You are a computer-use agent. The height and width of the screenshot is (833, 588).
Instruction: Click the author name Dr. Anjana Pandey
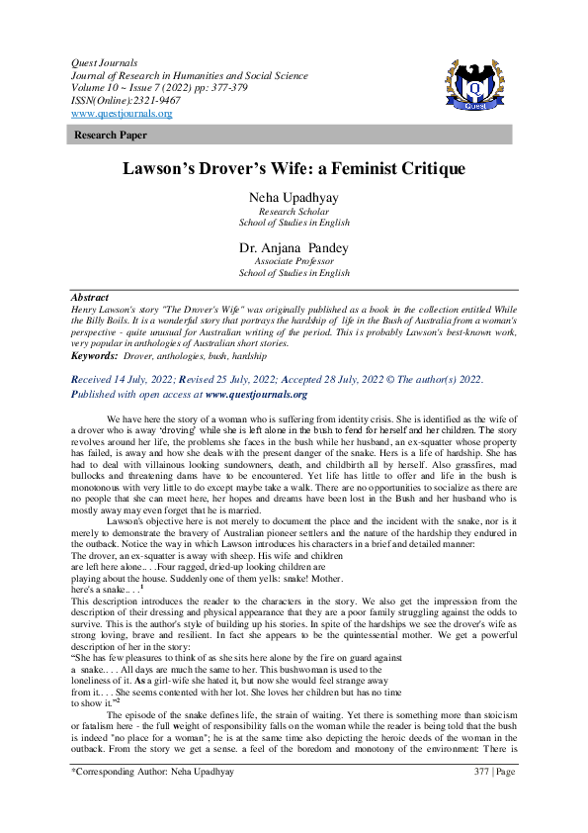[294, 247]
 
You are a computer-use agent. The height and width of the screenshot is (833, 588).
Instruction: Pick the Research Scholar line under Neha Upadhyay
[294, 212]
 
